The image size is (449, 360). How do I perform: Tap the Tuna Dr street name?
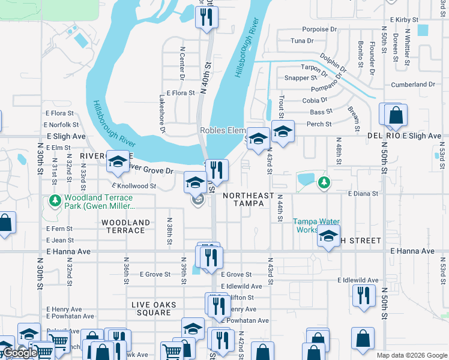pos(302,41)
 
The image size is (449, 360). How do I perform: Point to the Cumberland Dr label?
pos(412,85)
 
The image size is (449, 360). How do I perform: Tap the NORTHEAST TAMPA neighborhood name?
pos(249,200)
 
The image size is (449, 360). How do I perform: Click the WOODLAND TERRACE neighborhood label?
pos(125,227)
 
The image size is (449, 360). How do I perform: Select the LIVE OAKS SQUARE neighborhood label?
pos(154,309)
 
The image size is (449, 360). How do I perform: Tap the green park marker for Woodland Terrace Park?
pos(55,200)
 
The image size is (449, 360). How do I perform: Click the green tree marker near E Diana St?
pos(324,182)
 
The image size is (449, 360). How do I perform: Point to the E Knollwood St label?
pos(133,186)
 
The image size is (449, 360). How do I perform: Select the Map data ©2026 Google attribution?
pos(411,355)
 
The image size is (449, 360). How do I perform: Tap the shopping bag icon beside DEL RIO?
pos(396,115)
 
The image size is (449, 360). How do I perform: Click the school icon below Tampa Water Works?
pos(328,238)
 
